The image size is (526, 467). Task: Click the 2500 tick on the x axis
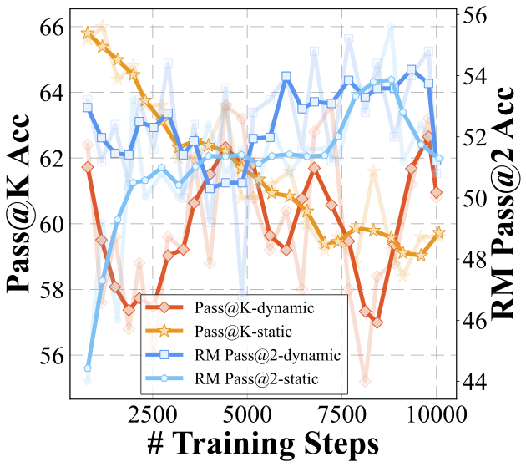pyautogui.click(x=151, y=413)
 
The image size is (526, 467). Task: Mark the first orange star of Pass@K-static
pyautogui.click(x=88, y=33)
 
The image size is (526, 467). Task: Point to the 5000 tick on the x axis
pyautogui.click(x=246, y=413)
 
